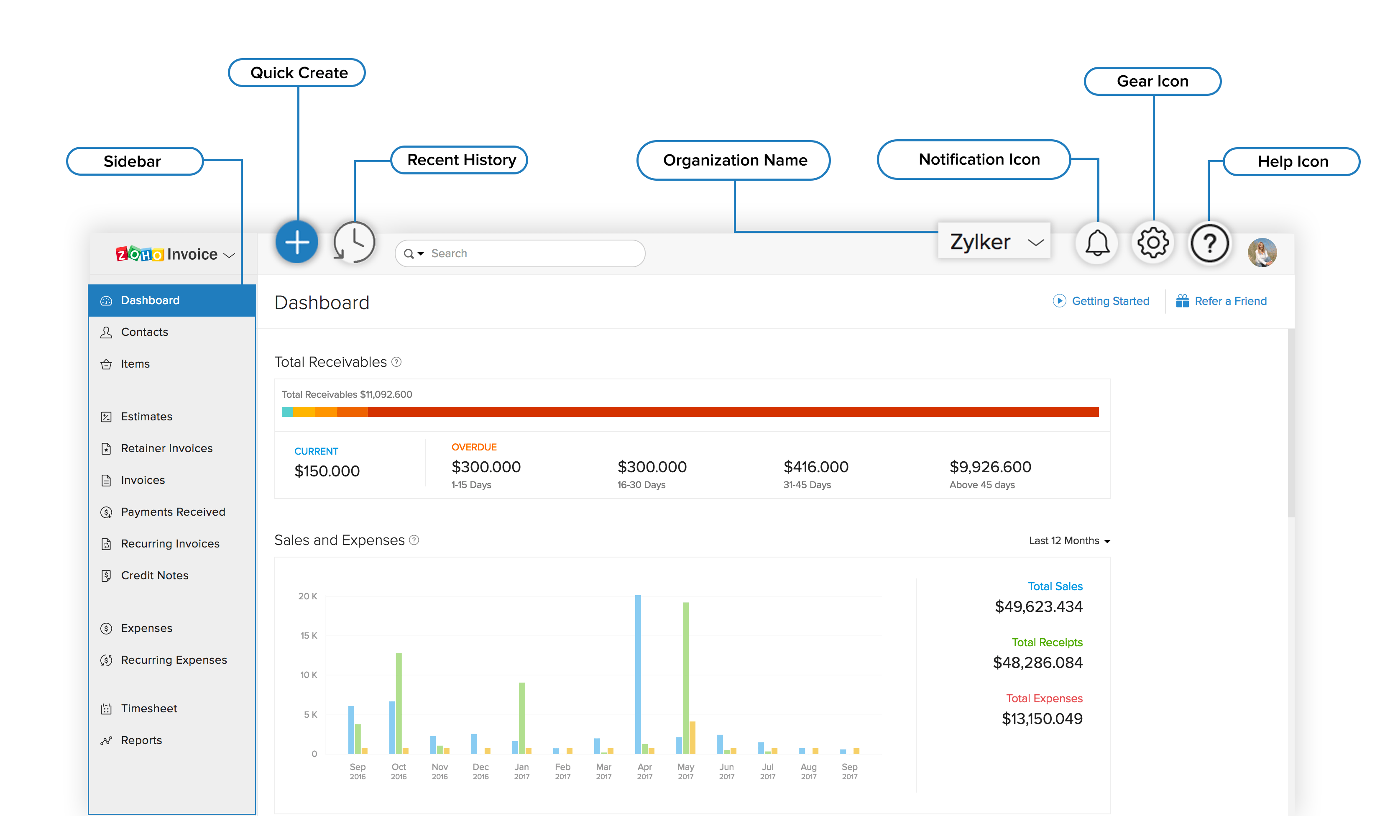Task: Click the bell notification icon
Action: point(1097,243)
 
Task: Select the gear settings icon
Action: point(1152,243)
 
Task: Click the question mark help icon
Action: point(1209,243)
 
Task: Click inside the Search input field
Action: point(528,253)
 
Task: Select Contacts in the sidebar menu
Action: point(145,332)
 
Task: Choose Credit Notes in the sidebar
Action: point(154,576)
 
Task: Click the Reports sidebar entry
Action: point(141,741)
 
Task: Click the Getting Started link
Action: point(1110,301)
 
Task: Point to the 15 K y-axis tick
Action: point(308,636)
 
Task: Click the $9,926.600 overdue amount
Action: point(990,467)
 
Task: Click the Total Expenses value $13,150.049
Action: point(1042,719)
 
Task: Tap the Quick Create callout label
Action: point(299,73)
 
